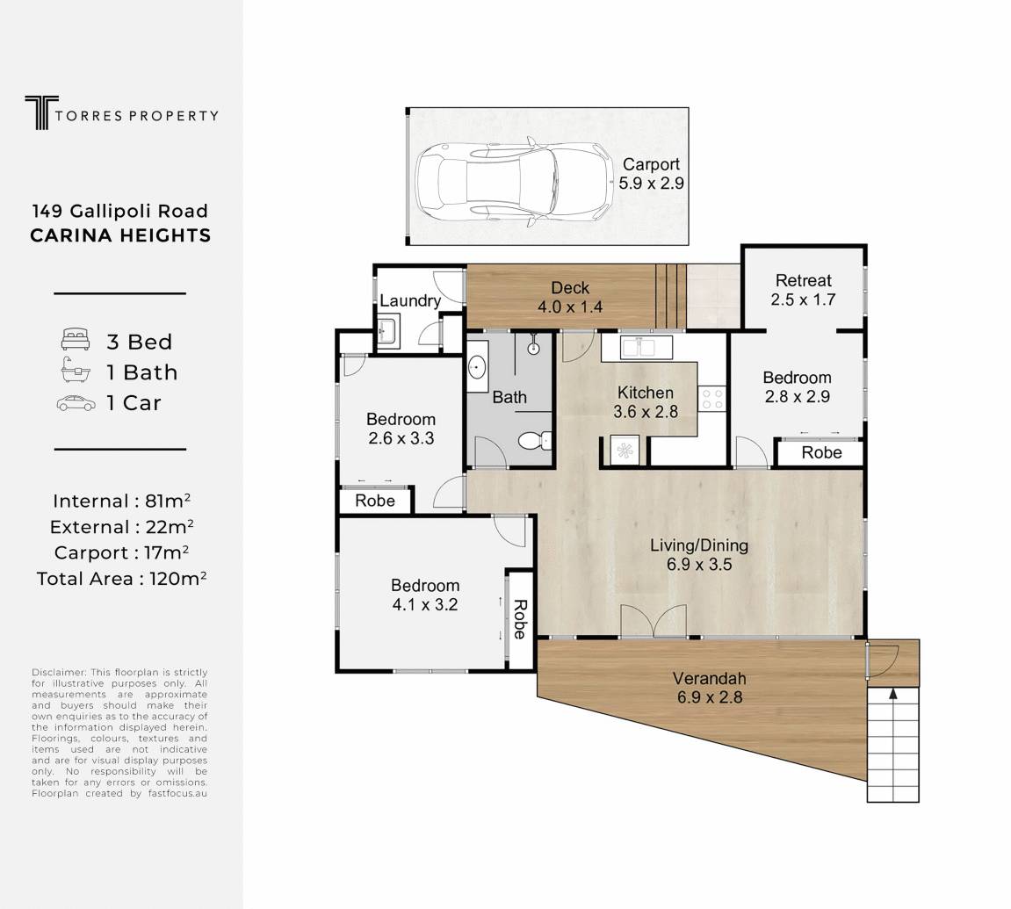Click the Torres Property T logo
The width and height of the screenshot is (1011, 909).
point(41,112)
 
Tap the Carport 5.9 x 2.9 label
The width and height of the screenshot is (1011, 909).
point(651,174)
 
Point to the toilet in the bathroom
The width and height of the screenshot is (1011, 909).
point(535,441)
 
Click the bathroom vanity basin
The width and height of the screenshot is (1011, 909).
point(477,366)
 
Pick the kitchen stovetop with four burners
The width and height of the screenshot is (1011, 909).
point(711,398)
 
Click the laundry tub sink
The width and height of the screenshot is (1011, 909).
point(388,331)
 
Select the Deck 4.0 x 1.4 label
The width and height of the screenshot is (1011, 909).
point(570,297)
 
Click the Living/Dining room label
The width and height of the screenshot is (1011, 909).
point(699,554)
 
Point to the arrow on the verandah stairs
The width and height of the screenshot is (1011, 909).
point(892,694)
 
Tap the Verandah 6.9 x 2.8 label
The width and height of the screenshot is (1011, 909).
point(709,688)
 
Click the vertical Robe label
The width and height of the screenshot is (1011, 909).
point(520,619)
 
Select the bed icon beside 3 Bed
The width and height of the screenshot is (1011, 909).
point(75,340)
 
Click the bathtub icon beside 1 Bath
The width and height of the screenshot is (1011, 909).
point(75,371)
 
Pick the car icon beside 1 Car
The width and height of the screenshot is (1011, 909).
point(76,404)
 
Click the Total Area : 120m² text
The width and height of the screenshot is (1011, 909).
point(121,578)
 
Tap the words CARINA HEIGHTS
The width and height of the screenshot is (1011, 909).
point(120,235)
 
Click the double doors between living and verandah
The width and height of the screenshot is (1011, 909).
point(654,622)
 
